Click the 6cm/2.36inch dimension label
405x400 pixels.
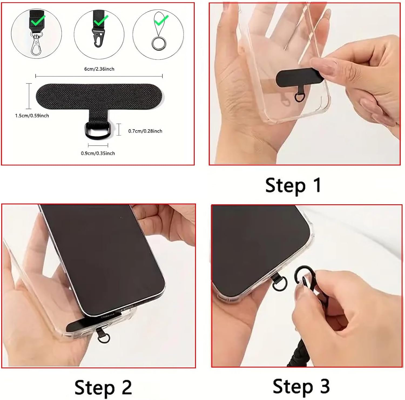[99, 69]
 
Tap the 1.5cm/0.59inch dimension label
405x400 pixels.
[32, 116]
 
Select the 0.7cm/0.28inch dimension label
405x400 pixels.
[145, 131]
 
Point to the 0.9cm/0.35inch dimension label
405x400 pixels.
[98, 153]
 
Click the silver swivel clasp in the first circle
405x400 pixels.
[37, 43]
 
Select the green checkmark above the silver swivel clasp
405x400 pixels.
[38, 20]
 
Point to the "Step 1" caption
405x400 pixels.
[293, 185]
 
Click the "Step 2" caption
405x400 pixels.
[103, 388]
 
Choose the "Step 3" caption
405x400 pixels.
[301, 387]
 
